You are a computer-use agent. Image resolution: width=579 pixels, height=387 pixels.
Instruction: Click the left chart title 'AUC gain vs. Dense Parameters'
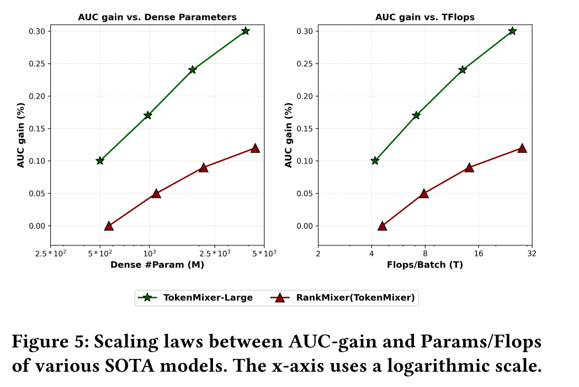[157, 17]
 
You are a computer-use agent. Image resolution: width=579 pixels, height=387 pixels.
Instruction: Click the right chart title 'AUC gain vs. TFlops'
[424, 17]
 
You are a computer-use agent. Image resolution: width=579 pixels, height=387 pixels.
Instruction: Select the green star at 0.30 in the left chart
[245, 31]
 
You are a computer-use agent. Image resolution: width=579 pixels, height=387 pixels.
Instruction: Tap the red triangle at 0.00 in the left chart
[109, 225]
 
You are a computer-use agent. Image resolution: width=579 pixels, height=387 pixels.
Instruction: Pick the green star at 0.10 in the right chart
[375, 160]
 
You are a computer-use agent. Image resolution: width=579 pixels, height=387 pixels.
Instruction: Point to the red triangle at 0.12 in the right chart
[522, 148]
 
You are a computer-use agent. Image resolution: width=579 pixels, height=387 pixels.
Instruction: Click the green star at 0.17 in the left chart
[148, 115]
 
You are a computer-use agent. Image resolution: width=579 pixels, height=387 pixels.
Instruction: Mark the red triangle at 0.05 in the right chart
[424, 193]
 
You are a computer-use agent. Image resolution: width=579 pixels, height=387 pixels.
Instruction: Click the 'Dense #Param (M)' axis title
[157, 265]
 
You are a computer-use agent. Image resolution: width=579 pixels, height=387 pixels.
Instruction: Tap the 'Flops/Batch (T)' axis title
[424, 265]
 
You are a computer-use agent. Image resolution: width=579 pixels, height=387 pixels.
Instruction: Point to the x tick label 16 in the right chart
[478, 254]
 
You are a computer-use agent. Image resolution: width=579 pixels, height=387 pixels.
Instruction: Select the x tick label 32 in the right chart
[531, 254]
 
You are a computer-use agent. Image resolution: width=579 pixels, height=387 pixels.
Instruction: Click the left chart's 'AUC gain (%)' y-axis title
[21, 135]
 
